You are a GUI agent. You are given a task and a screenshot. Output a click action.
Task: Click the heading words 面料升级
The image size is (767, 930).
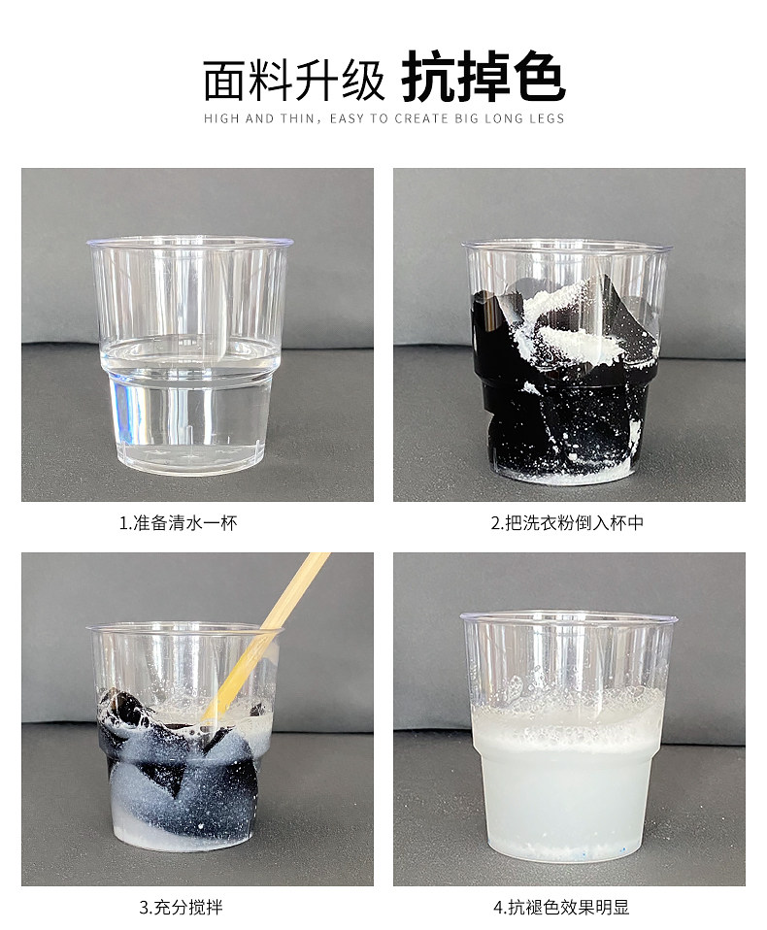point(294,80)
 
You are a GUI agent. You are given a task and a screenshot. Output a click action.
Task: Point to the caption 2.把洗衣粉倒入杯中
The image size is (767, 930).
point(567,522)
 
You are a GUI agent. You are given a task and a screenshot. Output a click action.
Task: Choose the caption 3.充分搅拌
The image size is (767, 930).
point(181,907)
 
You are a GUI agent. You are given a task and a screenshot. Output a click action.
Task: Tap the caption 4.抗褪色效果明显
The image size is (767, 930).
point(560,907)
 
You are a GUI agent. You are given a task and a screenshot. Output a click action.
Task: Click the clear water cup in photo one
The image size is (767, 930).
point(190,356)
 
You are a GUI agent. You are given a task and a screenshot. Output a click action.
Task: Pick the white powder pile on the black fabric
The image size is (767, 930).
point(570,323)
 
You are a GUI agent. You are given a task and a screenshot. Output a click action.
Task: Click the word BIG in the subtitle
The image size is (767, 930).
point(466,118)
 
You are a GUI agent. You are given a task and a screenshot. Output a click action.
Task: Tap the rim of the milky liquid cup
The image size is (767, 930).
point(569,616)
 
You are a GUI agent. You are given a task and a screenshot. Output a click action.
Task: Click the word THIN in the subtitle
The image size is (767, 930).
point(296,118)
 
